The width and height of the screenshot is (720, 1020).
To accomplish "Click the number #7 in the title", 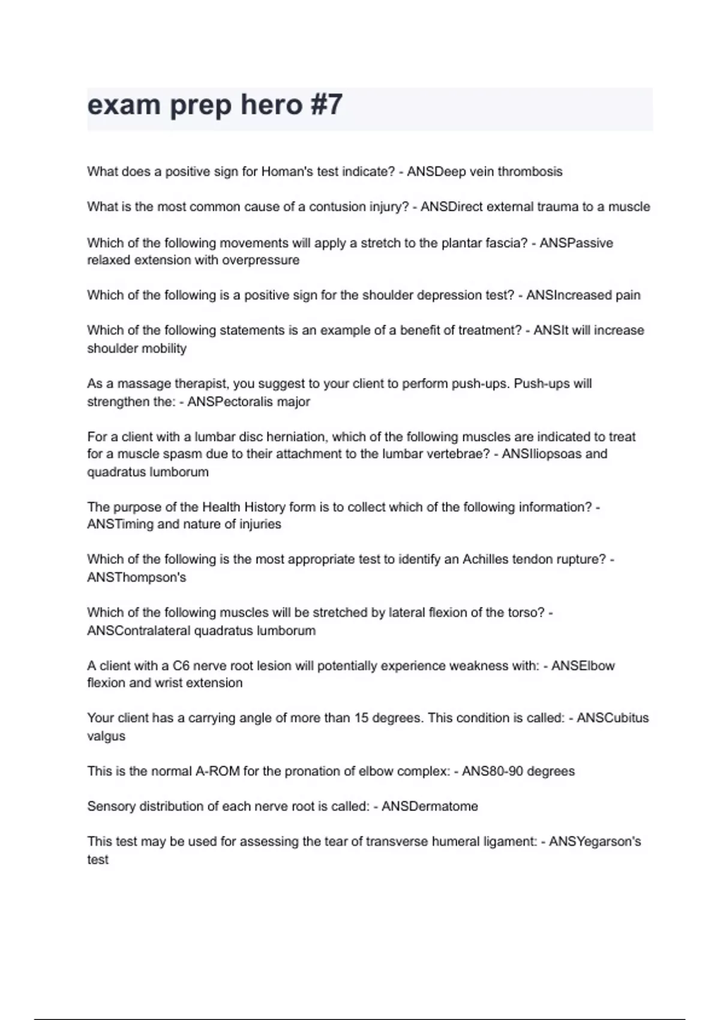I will tap(326, 105).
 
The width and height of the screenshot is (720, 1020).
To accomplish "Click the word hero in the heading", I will tap(271, 105).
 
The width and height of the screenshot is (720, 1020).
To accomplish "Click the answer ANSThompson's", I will tap(137, 578).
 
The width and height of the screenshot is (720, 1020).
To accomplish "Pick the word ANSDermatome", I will tap(430, 806).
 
